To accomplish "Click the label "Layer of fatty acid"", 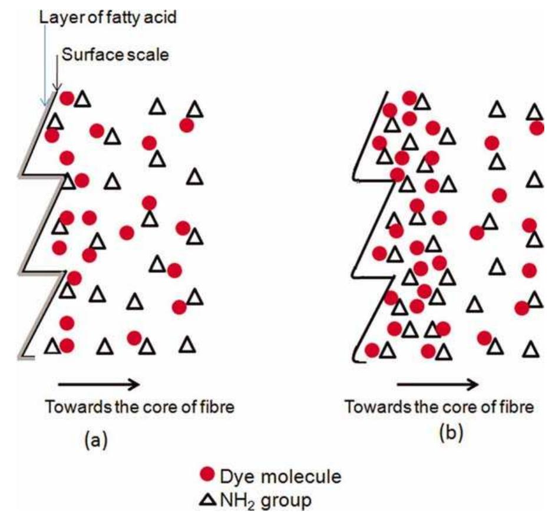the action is pyautogui.click(x=108, y=16).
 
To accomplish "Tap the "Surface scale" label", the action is pyautogui.click(x=115, y=55).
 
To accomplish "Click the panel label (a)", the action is pyautogui.click(x=95, y=440).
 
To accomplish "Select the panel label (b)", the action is pyautogui.click(x=451, y=433).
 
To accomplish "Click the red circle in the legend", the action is pyautogui.click(x=207, y=474).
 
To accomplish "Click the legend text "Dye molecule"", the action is pyautogui.click(x=280, y=476).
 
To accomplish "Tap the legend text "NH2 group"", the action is pyautogui.click(x=266, y=501).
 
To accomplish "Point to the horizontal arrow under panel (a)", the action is pyautogui.click(x=99, y=384).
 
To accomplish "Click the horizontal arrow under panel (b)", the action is pyautogui.click(x=438, y=384).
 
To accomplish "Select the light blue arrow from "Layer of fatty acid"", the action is pyautogui.click(x=45, y=64).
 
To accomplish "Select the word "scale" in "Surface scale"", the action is pyautogui.click(x=149, y=55).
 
